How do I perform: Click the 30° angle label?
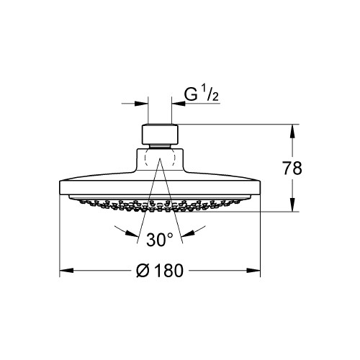coord(160,238)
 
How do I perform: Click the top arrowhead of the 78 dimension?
coord(292,130)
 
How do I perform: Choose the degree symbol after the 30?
coord(171,234)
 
